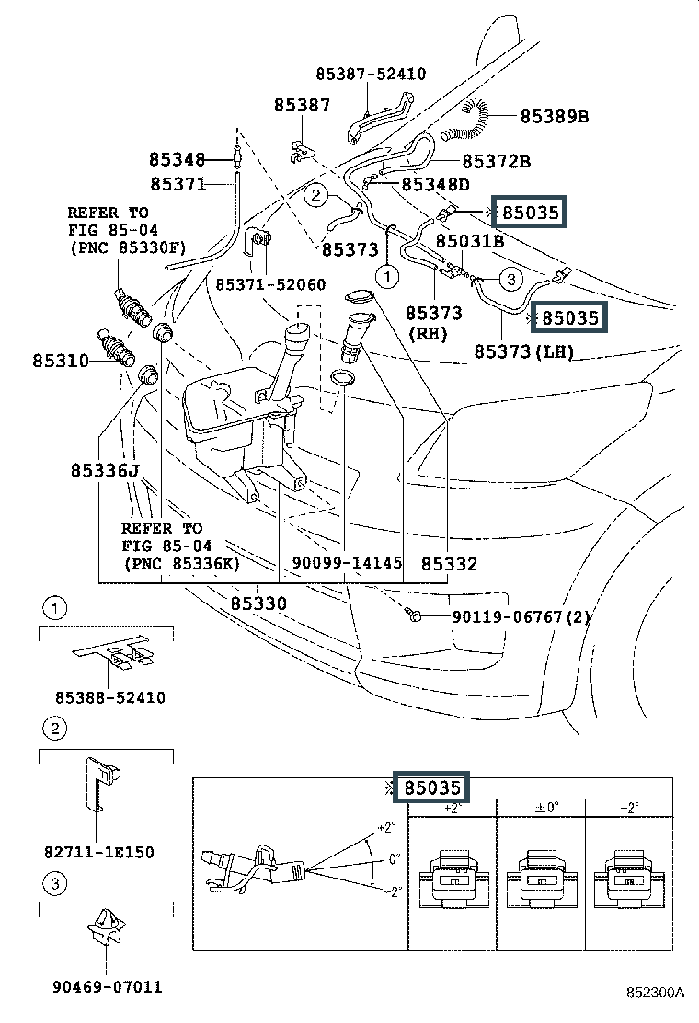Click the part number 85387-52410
coord(371,74)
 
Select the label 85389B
coord(554,116)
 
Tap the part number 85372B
coord(496,161)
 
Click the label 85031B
coord(469,242)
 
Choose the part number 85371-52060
coord(269,285)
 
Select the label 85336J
coord(104,471)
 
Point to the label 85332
coord(449,562)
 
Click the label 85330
coord(258,603)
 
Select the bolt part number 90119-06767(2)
coord(520,617)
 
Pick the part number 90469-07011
coord(106,987)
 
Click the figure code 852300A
coord(656,994)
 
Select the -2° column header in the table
coord(629,808)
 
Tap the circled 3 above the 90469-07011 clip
coord(54,885)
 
